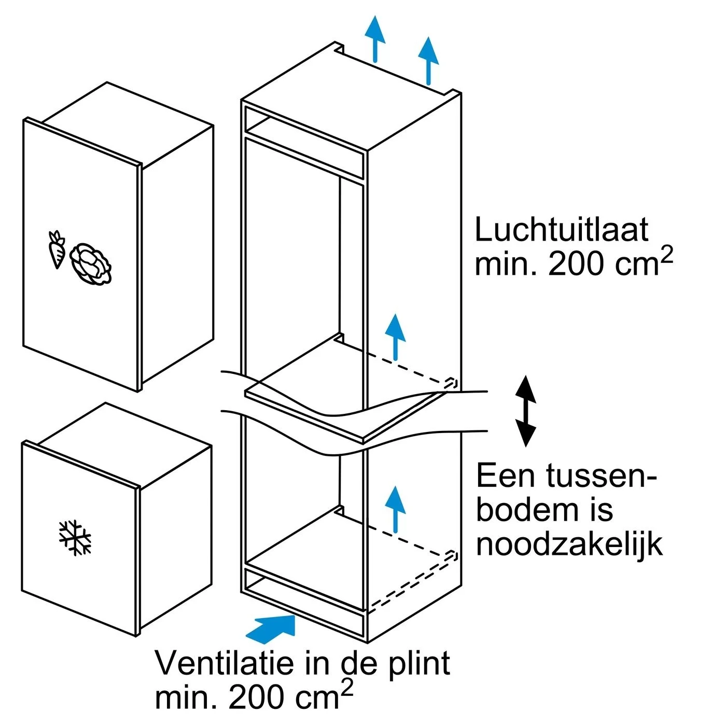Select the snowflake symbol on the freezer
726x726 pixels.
coord(75,538)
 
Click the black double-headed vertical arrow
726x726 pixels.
coord(525,411)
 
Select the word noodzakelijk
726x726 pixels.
coord(569,544)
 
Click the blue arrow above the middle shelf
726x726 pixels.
coord(396,336)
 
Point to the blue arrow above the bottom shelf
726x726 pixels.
coord(396,508)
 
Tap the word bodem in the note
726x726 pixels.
coord(527,510)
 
